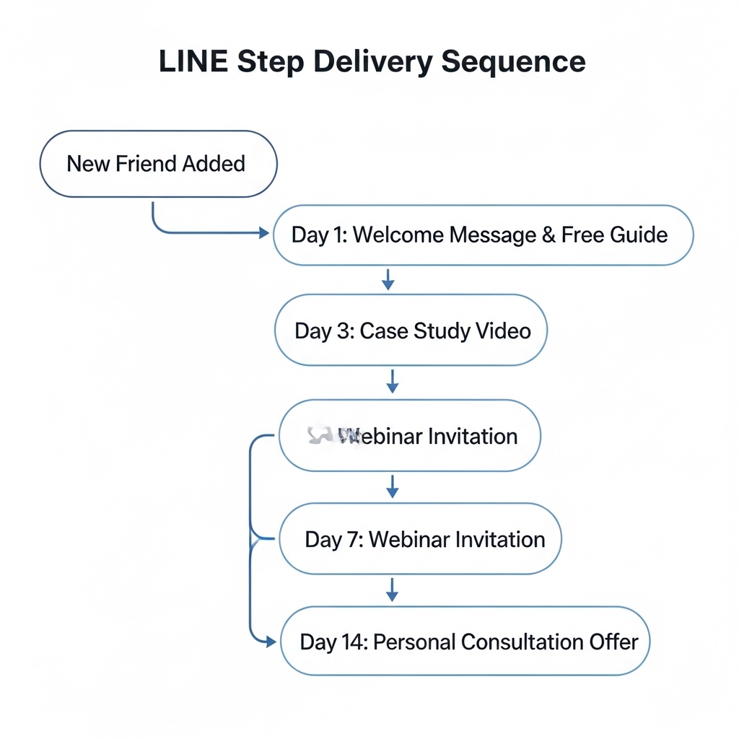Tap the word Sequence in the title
tap(513, 61)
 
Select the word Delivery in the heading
tap(372, 61)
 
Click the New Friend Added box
tap(157, 164)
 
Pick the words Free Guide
tap(614, 235)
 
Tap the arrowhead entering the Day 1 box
tap(263, 233)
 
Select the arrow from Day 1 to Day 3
tap(388, 280)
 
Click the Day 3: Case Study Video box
tap(411, 331)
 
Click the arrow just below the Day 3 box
tap(392, 382)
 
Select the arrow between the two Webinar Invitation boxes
tap(392, 486)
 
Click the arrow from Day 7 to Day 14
tap(392, 590)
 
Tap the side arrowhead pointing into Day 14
tap(271, 641)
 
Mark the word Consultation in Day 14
tap(522, 642)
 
